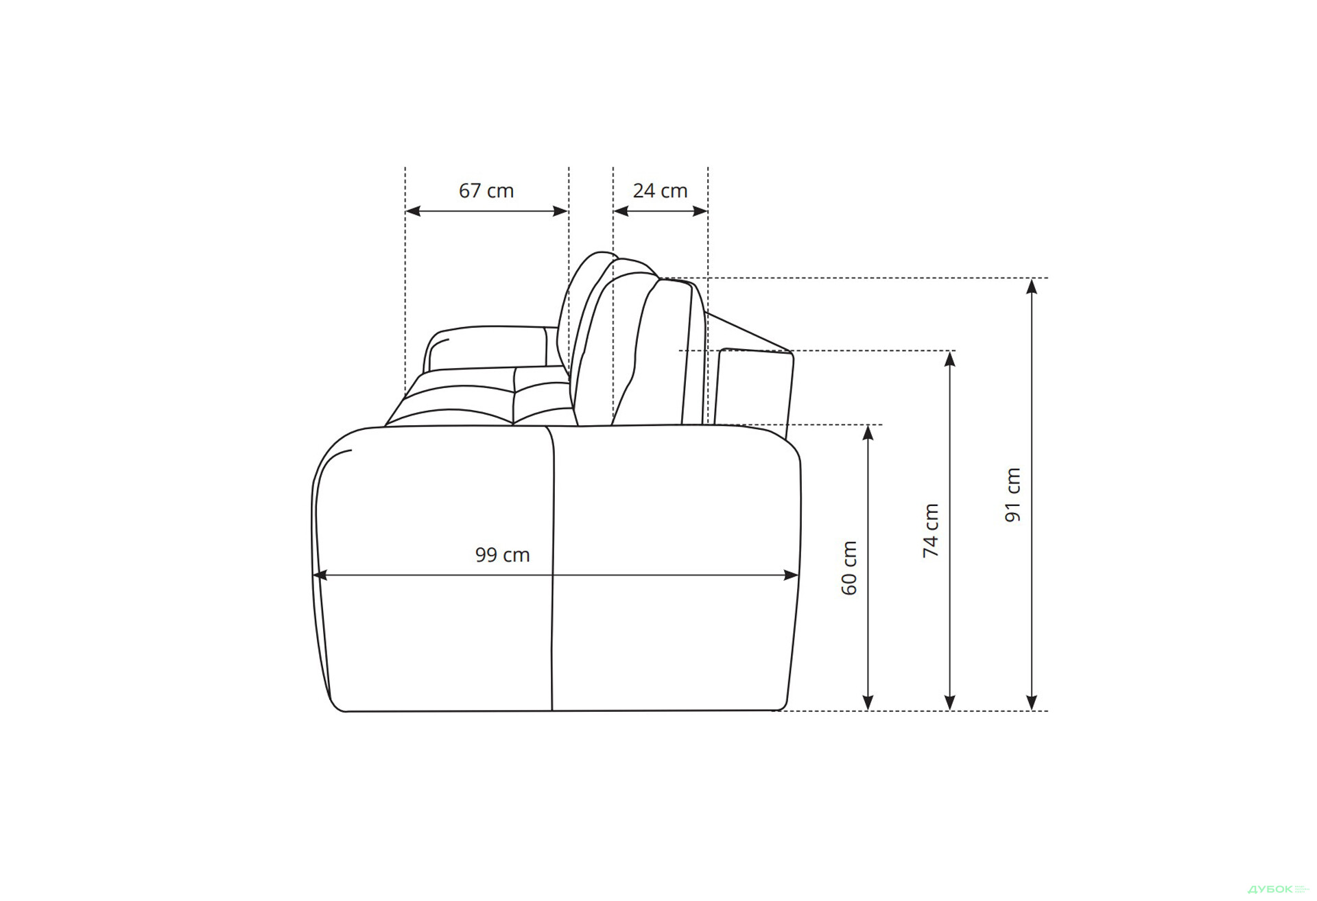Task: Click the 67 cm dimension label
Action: click(x=486, y=191)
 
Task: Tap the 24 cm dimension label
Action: click(x=660, y=191)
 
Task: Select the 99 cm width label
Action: click(x=502, y=555)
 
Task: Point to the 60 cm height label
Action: click(x=849, y=568)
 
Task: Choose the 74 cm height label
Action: click(x=931, y=530)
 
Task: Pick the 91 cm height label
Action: click(x=1012, y=494)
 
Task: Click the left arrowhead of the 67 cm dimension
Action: click(x=413, y=211)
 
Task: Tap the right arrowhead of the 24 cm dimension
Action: click(x=700, y=211)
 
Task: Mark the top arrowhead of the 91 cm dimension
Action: click(x=1032, y=286)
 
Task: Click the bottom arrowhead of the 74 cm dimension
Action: click(x=950, y=703)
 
